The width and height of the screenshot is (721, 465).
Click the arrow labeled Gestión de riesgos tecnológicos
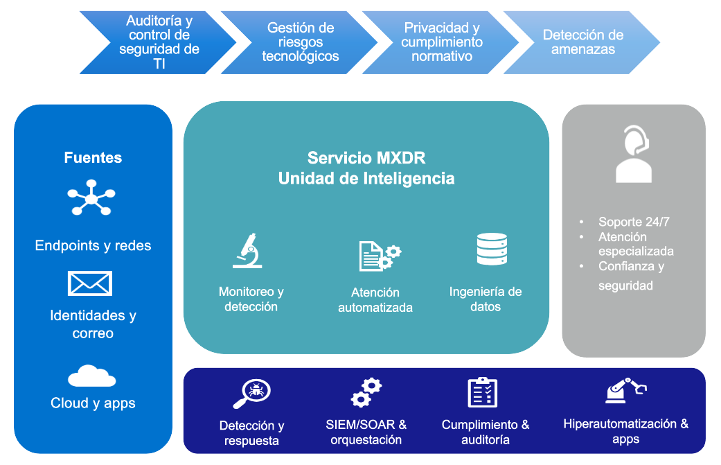(301, 42)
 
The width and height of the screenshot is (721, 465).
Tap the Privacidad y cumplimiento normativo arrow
(442, 42)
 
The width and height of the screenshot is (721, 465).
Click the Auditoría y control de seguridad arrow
(159, 42)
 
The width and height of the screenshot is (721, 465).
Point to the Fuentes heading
(93, 158)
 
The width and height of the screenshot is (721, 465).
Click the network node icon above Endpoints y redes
(91, 200)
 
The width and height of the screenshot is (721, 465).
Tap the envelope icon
(90, 283)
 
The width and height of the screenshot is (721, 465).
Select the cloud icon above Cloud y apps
(92, 376)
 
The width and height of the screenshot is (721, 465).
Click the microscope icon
(247, 251)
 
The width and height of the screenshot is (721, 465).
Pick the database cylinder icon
(492, 249)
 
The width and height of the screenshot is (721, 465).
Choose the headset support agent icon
(633, 154)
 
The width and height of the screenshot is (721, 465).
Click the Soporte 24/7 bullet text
(634, 222)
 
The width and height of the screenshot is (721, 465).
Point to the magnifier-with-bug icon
(251, 394)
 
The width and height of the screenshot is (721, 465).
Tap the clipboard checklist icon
(483, 392)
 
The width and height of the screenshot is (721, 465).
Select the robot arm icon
(625, 391)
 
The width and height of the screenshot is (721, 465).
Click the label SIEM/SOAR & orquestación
(366, 432)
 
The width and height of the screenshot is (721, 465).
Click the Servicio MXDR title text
(366, 157)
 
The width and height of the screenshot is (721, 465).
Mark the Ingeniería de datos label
(486, 299)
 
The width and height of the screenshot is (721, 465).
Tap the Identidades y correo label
(93, 324)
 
